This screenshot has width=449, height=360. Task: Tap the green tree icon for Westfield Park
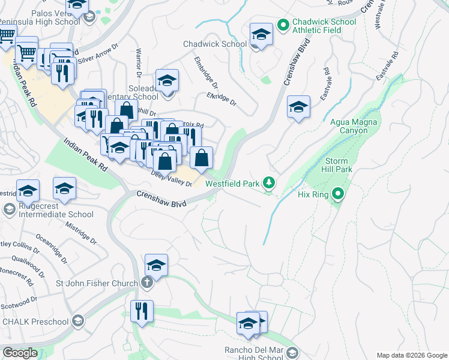[x=270, y=182]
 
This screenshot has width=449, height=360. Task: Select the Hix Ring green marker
[x=339, y=194]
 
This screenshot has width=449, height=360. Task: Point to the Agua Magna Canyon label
[x=355, y=126]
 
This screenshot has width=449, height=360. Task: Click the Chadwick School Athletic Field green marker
[x=283, y=25]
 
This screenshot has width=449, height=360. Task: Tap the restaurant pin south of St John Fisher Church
[x=142, y=311]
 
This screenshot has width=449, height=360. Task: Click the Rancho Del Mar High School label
[x=252, y=354]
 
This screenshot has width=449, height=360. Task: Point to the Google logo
[x=20, y=353]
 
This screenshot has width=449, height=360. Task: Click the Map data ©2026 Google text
[x=411, y=355]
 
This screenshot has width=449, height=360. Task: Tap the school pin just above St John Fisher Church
[x=156, y=265]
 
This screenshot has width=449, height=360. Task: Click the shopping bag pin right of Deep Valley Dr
[x=202, y=158]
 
